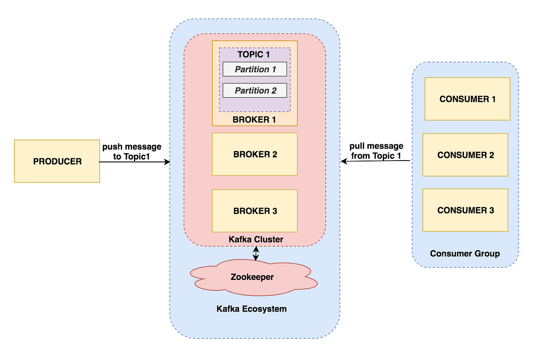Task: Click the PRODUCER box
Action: tap(57, 161)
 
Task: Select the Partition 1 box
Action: tap(255, 69)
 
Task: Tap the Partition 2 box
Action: tap(255, 90)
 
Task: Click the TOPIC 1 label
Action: tap(253, 55)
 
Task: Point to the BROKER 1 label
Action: tap(254, 120)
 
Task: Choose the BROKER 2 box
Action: tap(255, 154)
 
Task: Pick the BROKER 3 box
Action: tap(255, 211)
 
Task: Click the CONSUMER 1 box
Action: tap(467, 99)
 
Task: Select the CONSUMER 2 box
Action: tap(466, 155)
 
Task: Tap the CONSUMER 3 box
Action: tap(466, 210)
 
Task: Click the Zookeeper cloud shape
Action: tap(253, 278)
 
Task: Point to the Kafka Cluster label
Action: tap(256, 239)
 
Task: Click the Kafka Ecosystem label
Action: tap(252, 309)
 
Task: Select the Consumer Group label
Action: tap(465, 254)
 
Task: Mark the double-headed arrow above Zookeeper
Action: tap(256, 253)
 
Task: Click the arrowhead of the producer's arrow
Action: tap(168, 162)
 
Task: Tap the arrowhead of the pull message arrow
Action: tap(343, 161)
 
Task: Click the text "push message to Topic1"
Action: tap(132, 152)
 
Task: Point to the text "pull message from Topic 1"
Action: tap(376, 151)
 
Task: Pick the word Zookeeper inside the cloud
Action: tap(252, 277)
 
